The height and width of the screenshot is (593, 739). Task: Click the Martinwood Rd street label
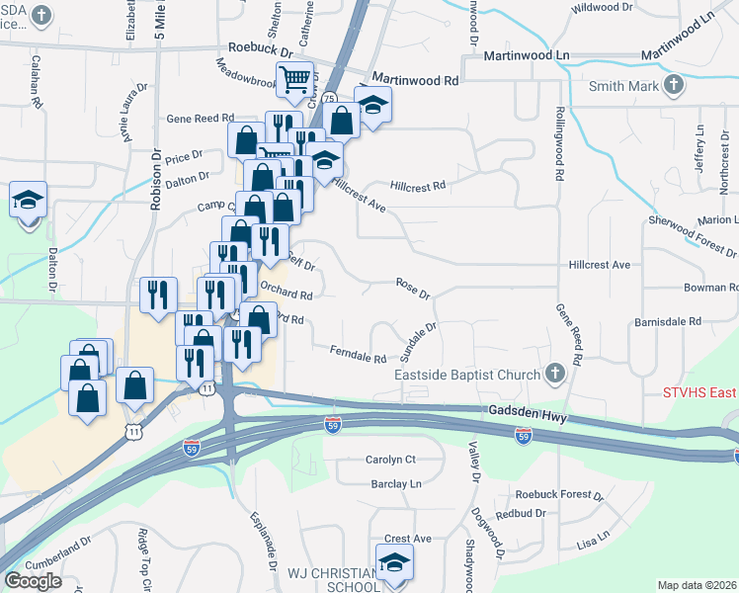[416, 79]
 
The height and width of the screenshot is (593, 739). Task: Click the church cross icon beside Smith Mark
[674, 86]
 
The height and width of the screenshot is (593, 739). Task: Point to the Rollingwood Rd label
[559, 143]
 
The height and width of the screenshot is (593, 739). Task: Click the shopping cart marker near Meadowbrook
[294, 78]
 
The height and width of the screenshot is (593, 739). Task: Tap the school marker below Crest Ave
[394, 563]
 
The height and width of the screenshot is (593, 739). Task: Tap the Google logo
[34, 581]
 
